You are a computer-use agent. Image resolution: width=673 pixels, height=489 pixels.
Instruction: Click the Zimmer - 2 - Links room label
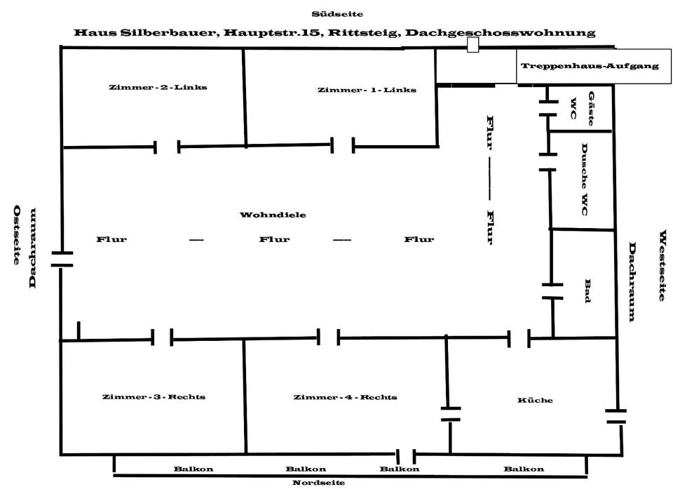click(x=158, y=88)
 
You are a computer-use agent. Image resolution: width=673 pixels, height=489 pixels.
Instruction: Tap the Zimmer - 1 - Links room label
click(x=367, y=90)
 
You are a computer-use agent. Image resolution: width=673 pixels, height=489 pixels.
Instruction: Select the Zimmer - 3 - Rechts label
click(x=154, y=397)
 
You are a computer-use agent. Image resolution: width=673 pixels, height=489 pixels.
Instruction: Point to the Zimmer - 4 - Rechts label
click(x=345, y=397)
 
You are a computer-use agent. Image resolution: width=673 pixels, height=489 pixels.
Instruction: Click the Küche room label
click(x=535, y=401)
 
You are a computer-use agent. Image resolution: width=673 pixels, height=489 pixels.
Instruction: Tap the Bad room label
click(x=587, y=290)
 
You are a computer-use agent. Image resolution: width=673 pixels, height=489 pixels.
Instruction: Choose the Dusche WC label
click(x=584, y=179)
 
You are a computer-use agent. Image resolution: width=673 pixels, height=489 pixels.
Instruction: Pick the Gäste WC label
click(x=583, y=109)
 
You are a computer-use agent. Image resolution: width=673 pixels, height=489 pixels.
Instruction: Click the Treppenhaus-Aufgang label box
click(x=589, y=66)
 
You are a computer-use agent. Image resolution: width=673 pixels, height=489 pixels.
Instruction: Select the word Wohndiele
click(x=264, y=215)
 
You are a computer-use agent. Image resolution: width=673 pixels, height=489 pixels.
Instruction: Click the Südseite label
click(x=337, y=14)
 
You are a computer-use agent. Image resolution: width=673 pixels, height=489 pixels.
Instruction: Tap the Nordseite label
click(x=318, y=483)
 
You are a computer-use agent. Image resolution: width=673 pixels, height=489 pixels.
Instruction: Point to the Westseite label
click(x=661, y=265)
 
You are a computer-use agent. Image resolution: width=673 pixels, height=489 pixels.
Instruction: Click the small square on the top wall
click(x=473, y=45)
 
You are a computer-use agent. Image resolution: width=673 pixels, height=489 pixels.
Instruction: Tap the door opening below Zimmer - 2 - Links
click(x=167, y=147)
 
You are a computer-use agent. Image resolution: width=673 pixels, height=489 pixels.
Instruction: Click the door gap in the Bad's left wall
click(x=552, y=291)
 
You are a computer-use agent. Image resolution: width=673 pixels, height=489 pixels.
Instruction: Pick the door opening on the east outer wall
click(x=62, y=259)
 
